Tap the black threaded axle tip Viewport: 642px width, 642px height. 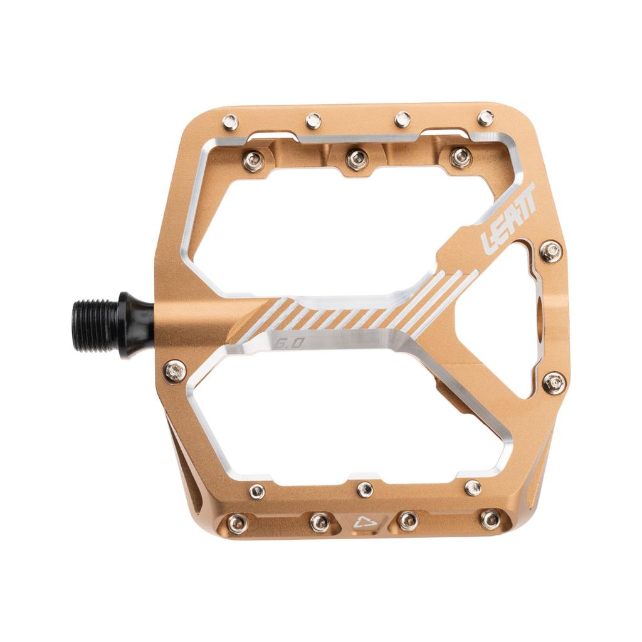[x=95, y=325]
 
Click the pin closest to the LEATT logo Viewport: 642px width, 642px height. [x=550, y=251]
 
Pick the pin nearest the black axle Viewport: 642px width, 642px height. [x=174, y=371]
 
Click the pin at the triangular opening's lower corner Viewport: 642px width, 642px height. [x=554, y=382]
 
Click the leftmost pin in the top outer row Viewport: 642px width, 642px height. [x=230, y=122]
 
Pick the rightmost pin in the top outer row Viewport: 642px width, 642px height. [x=485, y=117]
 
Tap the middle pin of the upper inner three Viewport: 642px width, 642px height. [x=356, y=159]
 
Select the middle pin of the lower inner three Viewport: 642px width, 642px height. [x=365, y=489]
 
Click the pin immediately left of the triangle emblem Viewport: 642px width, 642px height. [x=320, y=521]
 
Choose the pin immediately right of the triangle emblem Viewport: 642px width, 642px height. [x=408, y=520]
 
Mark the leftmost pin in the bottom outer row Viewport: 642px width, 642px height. [x=236, y=524]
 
